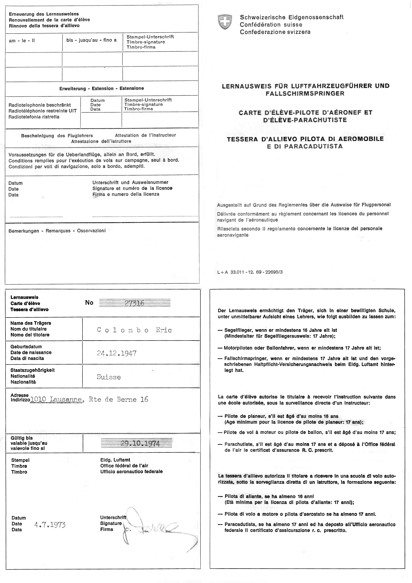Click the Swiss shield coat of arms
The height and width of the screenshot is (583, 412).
point(225,22)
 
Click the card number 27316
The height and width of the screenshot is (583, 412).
point(135,303)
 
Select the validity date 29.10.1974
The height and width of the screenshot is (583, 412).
point(140,443)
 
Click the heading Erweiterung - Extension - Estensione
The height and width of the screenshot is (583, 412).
point(102,88)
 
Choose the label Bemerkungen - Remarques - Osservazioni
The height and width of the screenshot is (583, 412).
point(57,231)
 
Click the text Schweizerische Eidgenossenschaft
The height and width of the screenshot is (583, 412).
point(292,17)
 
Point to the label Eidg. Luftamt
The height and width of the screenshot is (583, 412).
point(115,460)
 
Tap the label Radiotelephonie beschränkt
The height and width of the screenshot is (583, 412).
point(40,105)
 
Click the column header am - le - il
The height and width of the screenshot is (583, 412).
point(22,41)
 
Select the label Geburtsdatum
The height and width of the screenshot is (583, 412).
point(26,347)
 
